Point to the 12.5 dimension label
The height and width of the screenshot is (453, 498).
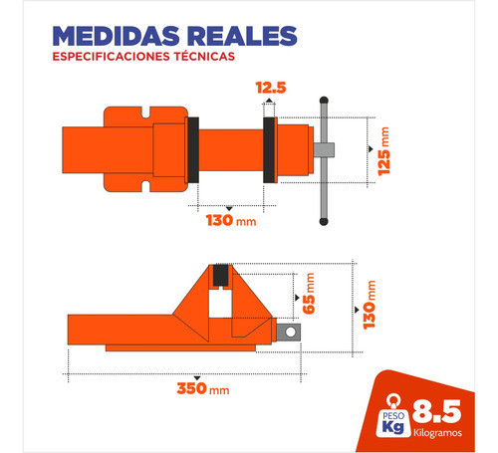click(x=271, y=88)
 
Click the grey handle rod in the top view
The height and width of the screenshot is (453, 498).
click(x=323, y=159)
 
